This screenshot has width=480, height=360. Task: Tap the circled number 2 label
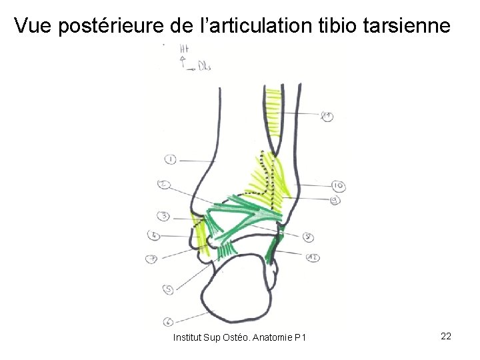coord(164,185)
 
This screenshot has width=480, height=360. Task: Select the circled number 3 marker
coord(163,216)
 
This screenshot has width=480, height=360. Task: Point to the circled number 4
coord(154,235)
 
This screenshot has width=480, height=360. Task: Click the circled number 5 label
coord(169,289)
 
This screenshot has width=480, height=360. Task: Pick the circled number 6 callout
coord(168,321)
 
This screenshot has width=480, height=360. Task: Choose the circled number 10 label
coord(338,185)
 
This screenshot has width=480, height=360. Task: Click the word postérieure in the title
coord(113,26)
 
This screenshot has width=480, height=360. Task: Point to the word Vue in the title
coord(33,26)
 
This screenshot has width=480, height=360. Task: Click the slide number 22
coord(446,336)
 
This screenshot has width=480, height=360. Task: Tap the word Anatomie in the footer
coord(270,338)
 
